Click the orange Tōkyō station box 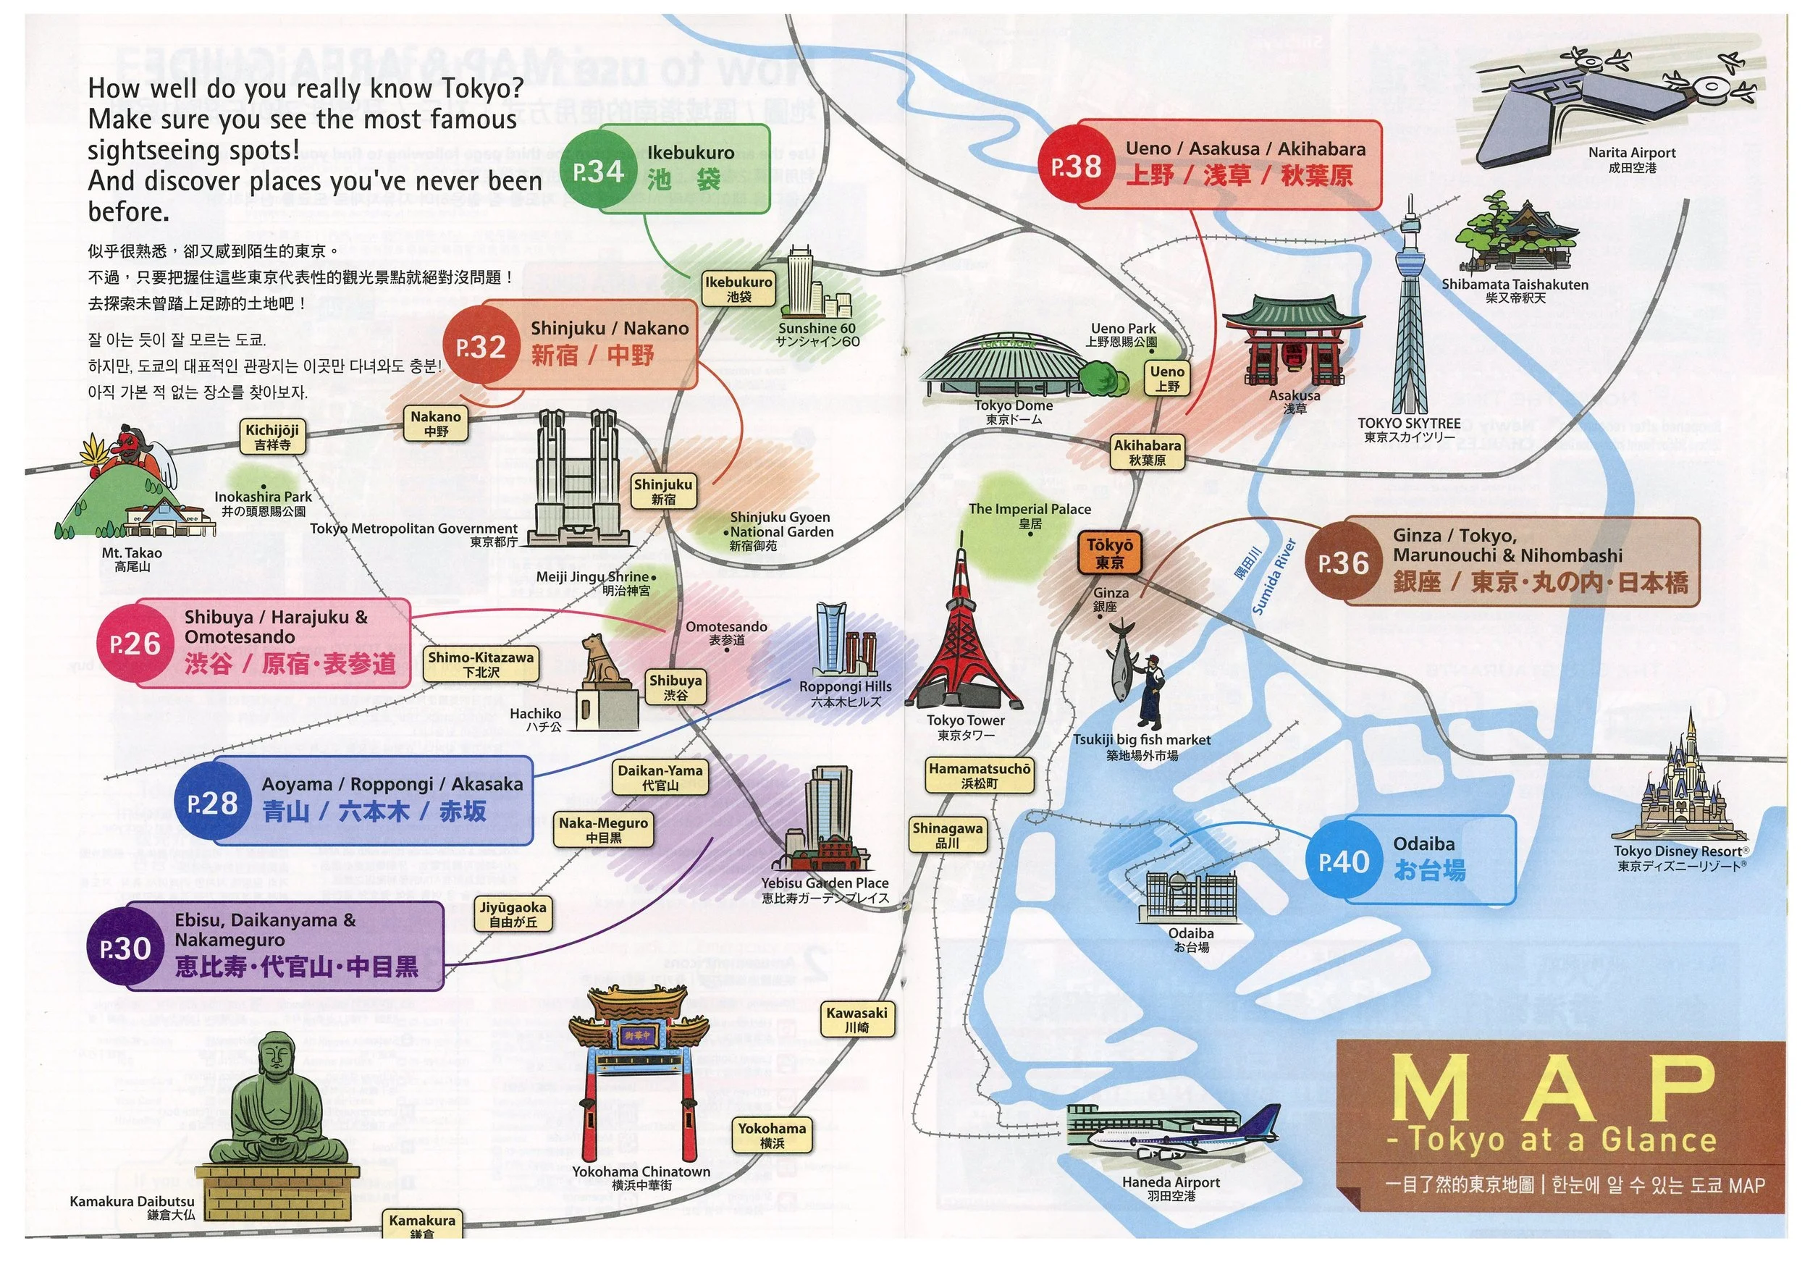pyautogui.click(x=1109, y=553)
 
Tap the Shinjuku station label pyautogui.click(x=663, y=491)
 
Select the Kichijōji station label pyautogui.click(x=272, y=437)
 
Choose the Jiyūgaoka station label pyautogui.click(x=513, y=914)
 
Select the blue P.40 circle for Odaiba pyautogui.click(x=1344, y=861)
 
